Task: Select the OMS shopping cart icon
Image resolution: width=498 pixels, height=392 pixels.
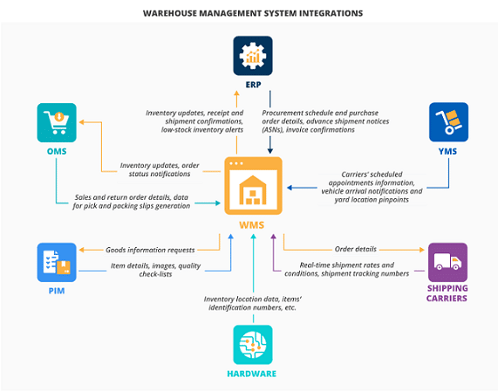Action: [x=57, y=122]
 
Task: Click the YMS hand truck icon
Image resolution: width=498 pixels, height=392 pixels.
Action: [x=447, y=122]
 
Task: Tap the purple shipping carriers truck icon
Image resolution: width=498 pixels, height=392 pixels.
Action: [x=447, y=262]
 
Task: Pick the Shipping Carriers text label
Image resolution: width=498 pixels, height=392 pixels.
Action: [x=447, y=293]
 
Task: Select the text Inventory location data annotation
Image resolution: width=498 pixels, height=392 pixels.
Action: [x=251, y=303]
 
